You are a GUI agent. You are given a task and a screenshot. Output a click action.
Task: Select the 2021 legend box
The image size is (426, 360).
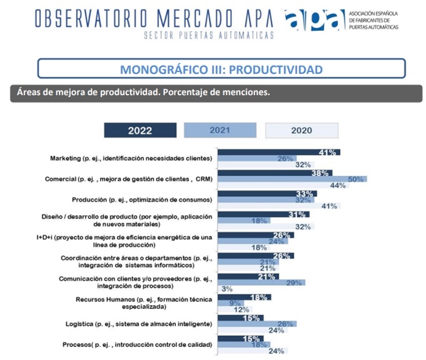pos(220,130)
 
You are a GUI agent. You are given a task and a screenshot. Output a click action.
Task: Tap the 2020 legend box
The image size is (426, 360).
pos(302,130)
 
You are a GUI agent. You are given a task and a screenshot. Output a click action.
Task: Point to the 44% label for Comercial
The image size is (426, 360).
pos(337,185)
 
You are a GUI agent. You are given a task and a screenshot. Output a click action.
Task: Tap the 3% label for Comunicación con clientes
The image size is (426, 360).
pos(227,288)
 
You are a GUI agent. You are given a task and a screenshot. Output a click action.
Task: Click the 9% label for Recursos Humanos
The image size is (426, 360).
pos(235,303)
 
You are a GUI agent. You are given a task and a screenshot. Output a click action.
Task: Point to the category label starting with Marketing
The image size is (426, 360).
pos(131,158)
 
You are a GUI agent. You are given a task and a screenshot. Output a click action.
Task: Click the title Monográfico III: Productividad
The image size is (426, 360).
pos(221,69)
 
